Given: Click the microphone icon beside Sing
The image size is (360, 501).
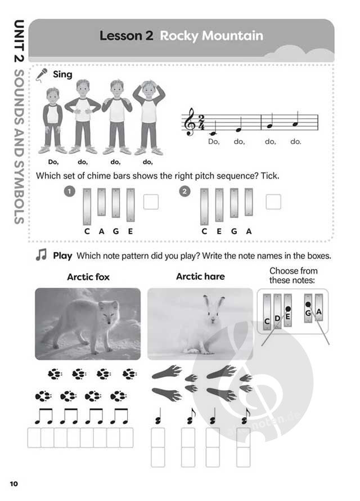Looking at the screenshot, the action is (x=42, y=75).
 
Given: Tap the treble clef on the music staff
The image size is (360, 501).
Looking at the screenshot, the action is (x=191, y=122).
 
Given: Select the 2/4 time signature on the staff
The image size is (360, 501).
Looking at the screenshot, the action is (x=201, y=122).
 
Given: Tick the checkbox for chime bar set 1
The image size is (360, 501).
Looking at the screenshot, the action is (x=151, y=202).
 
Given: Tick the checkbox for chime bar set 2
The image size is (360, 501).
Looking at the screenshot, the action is (x=273, y=202).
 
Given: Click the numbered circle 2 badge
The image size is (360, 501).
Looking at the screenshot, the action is (x=184, y=192).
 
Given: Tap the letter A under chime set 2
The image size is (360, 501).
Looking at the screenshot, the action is (x=249, y=231).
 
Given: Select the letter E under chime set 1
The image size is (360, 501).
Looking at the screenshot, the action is (x=130, y=231).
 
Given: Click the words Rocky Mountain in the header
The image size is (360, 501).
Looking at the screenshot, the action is (x=211, y=36).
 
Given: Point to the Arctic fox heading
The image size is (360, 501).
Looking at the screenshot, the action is (x=88, y=277).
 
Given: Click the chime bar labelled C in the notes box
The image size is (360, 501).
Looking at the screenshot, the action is (x=267, y=311).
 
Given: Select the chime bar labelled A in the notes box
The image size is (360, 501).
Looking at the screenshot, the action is (x=319, y=307).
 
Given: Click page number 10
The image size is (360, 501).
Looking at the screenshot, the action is (x=14, y=484).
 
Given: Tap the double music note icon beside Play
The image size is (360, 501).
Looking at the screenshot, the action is (x=42, y=255).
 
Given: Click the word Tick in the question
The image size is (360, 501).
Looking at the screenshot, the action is (x=269, y=176).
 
